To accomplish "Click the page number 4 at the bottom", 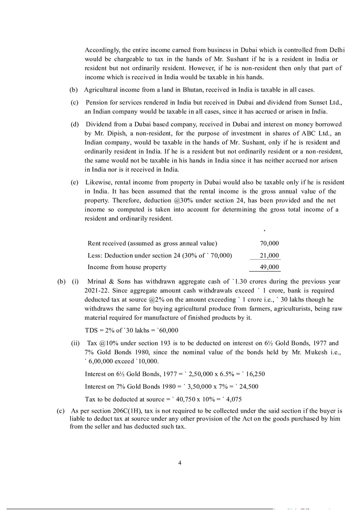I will pos(180,463).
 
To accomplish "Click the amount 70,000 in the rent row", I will pos(269,243).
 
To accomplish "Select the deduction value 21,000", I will pos(269,256).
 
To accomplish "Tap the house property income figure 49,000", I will pos(269,267).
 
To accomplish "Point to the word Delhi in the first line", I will pos(337,50).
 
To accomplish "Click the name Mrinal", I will pos(97,281).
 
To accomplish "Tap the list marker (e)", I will pos(74,182).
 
